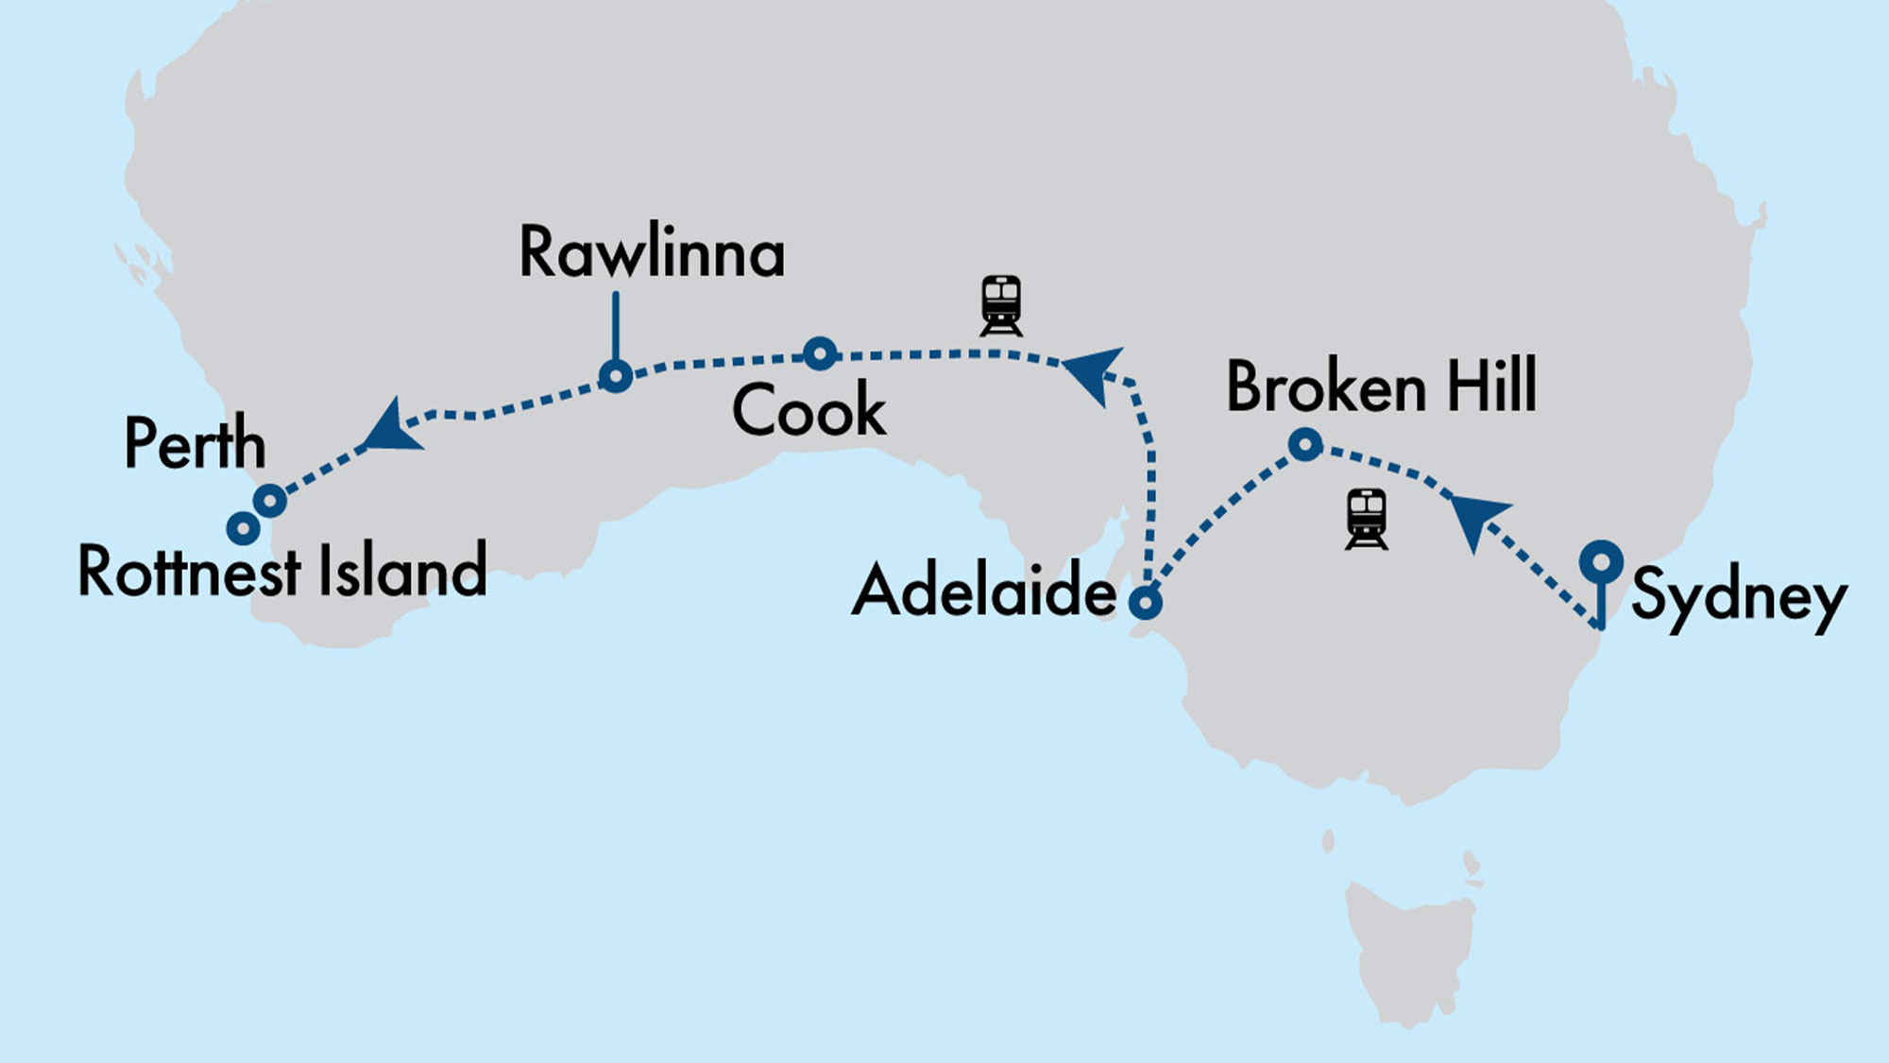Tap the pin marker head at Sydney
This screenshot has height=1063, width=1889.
1601,562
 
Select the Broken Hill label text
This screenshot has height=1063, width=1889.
1381,386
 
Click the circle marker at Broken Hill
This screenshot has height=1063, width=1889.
1305,444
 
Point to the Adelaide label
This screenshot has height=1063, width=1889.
984,591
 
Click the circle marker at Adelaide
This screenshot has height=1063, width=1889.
1146,601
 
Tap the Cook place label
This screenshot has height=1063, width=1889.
808,411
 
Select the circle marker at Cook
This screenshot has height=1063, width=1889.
820,353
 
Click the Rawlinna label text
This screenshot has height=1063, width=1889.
652,253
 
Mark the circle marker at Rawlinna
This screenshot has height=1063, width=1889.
616,377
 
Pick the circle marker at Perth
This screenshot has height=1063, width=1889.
270,500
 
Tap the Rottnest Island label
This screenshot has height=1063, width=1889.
281,572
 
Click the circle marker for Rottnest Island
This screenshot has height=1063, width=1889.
244,527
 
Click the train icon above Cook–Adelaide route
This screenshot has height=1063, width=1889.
1001,305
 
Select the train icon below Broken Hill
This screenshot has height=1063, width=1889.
1366,519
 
